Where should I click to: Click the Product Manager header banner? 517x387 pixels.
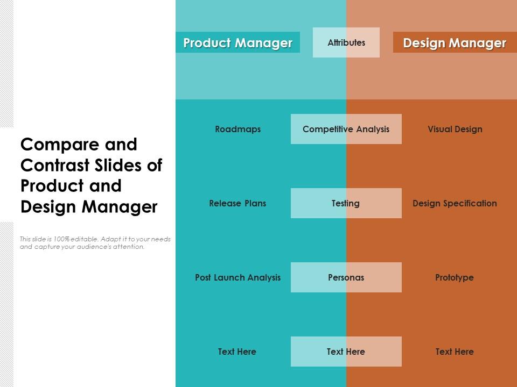coord(237,42)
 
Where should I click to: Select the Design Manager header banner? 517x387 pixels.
coord(455,42)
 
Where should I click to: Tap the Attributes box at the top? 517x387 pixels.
coord(346,42)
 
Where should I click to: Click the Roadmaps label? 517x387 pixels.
coord(237,129)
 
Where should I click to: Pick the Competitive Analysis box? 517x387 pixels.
coord(346,129)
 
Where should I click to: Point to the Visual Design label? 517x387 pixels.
coord(455,129)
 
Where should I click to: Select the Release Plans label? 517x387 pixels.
coord(237,203)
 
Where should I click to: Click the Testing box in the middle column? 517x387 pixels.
coord(346,203)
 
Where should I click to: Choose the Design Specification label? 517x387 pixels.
coord(455,203)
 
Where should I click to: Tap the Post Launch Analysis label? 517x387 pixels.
coord(237,277)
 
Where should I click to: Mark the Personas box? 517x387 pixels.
coord(346,277)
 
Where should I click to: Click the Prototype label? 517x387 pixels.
coord(455,277)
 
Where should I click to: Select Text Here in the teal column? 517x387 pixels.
coord(237,352)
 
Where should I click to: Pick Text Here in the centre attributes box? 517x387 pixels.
coord(346,352)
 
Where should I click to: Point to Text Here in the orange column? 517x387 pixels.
coord(455,352)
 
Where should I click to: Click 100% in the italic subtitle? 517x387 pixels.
coord(61,239)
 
